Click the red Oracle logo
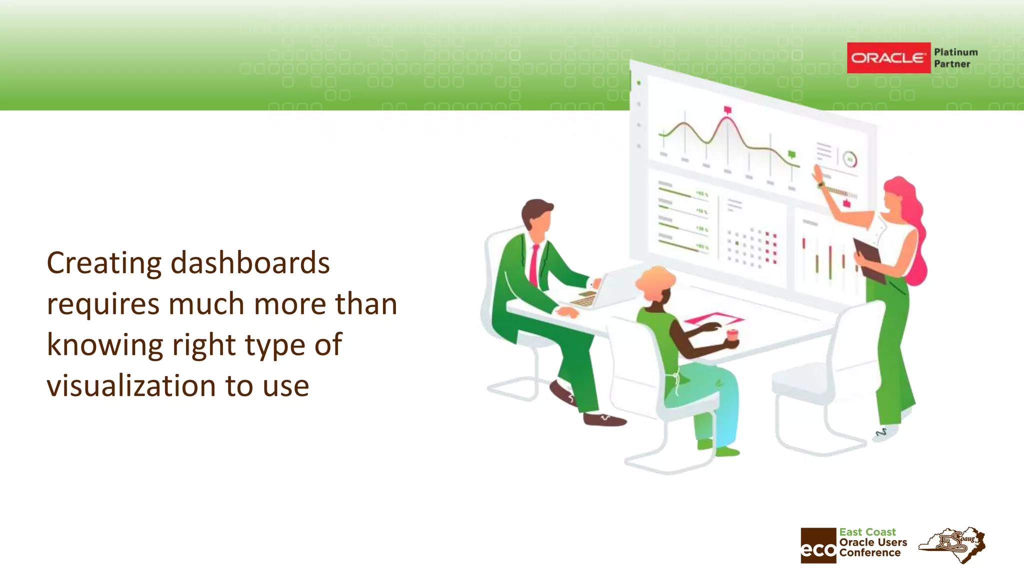[x=888, y=58]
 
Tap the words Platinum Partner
[x=955, y=58]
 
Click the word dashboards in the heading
[x=250, y=263]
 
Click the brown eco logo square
[x=818, y=545]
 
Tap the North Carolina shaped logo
[x=952, y=544]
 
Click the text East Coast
[x=867, y=532]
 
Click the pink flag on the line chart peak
[x=727, y=109]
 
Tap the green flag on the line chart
[x=792, y=154]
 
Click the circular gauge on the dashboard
[x=849, y=159]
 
